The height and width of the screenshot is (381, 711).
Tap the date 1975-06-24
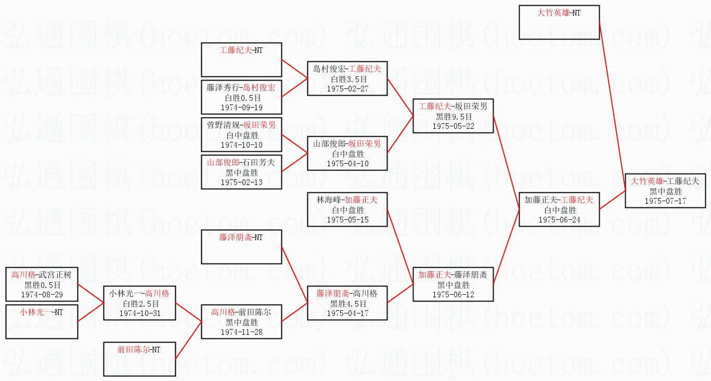click(x=559, y=219)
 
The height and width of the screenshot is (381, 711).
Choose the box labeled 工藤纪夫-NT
click(x=242, y=60)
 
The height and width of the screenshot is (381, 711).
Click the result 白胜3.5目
click(x=347, y=79)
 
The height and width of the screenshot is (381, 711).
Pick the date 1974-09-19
click(x=242, y=107)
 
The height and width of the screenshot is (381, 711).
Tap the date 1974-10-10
click(x=242, y=144)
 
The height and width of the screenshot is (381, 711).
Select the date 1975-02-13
click(x=242, y=182)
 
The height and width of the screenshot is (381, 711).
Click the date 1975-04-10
click(x=347, y=163)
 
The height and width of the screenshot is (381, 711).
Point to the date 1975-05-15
click(x=347, y=219)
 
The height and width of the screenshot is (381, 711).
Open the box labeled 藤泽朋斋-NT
click(x=242, y=247)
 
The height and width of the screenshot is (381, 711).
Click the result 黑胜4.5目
click(x=347, y=304)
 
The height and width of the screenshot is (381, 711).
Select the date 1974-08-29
click(x=42, y=294)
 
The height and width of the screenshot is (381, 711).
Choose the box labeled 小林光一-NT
click(x=42, y=321)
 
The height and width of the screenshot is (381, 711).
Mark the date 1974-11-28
click(x=242, y=332)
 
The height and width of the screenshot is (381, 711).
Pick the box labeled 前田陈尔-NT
click(x=139, y=359)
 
